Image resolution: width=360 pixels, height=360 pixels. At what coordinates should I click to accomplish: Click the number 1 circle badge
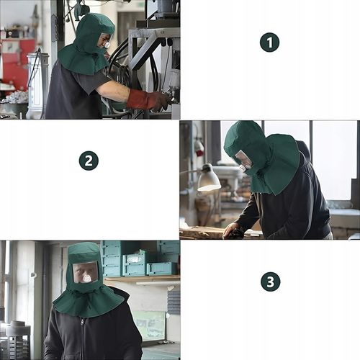click(269, 42)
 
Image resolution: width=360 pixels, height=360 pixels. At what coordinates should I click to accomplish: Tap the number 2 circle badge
click(89, 161)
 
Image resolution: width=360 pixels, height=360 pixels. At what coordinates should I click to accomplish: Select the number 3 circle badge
click(270, 282)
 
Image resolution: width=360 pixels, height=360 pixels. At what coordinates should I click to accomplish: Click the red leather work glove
click(147, 101)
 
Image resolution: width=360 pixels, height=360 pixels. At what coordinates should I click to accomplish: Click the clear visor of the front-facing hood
click(86, 272)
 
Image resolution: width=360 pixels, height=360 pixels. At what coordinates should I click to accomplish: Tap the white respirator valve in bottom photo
click(86, 279)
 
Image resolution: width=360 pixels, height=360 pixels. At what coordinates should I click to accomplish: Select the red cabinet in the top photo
click(17, 63)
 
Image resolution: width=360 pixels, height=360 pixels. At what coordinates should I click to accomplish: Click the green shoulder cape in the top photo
click(83, 60)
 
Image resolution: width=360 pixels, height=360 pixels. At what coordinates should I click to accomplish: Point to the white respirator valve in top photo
click(108, 45)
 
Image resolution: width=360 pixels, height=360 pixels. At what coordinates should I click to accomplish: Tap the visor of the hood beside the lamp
click(243, 159)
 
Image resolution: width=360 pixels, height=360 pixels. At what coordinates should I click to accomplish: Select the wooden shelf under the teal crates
click(143, 279)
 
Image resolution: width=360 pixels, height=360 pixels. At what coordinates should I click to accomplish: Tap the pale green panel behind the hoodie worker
click(149, 325)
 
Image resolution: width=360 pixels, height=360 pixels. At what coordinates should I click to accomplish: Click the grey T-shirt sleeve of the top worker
click(95, 79)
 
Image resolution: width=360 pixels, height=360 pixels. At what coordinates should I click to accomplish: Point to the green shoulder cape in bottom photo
click(89, 302)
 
